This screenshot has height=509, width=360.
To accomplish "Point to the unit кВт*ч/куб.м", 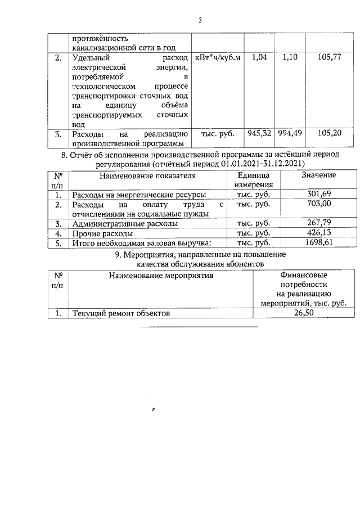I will pos(217,58).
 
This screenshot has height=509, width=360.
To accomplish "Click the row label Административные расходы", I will pos(125,224).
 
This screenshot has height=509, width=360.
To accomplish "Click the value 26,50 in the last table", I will pos(303,313).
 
